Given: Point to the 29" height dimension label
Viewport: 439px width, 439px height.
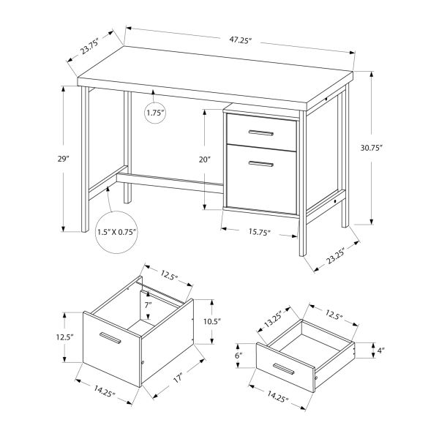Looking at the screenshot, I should point(64,158).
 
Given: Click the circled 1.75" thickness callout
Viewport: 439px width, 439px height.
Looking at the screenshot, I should point(155,113).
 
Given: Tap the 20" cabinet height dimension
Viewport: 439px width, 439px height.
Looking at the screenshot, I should point(204,159).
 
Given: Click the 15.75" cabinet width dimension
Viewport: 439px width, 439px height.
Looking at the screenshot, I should point(258,233).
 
